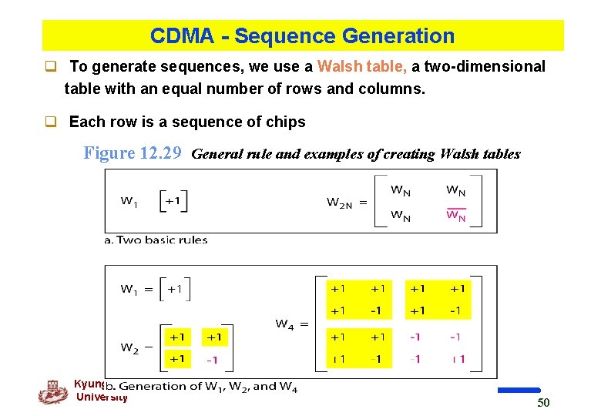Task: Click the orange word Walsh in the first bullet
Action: point(337,67)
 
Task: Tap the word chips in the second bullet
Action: point(285,122)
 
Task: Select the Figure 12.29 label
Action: point(132,153)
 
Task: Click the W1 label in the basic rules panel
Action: point(130,201)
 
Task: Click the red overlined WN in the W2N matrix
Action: point(456,216)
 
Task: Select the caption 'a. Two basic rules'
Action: point(156,240)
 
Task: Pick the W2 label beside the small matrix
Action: point(130,347)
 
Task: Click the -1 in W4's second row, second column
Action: point(375,310)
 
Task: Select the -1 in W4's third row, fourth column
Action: point(455,337)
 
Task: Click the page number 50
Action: point(543,403)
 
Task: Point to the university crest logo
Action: point(53,391)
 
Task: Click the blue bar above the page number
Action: point(519,391)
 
